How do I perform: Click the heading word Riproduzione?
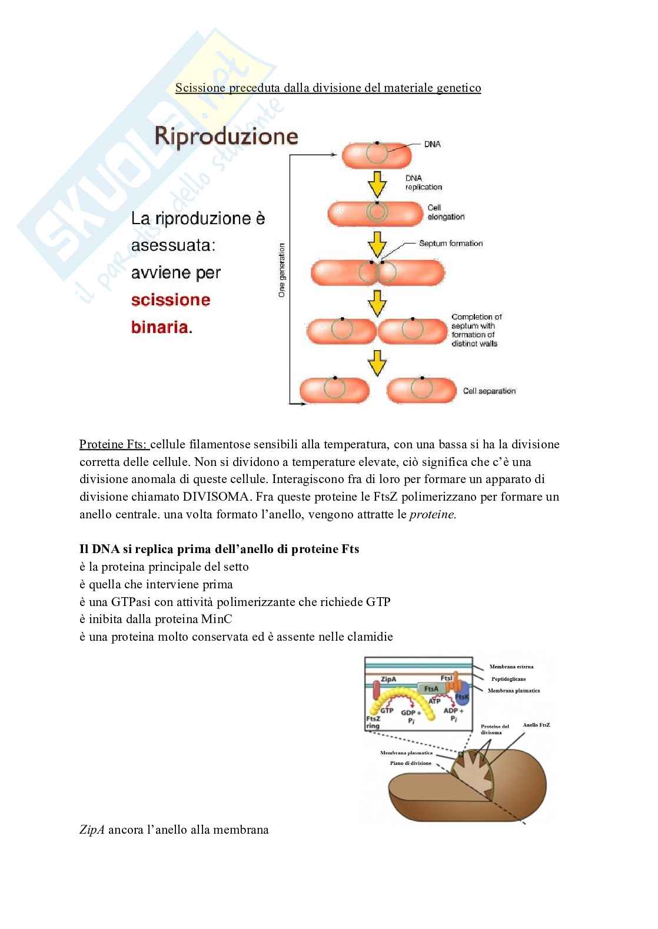pyautogui.click(x=226, y=136)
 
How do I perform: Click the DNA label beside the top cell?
pyautogui.click(x=432, y=144)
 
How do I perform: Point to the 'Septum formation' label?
pyautogui.click(x=451, y=243)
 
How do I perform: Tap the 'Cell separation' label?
pyautogui.click(x=489, y=391)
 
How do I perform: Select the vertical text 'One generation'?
pyautogui.click(x=282, y=270)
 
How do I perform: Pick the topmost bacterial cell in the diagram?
pyautogui.click(x=377, y=155)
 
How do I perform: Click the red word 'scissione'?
pyautogui.click(x=171, y=300)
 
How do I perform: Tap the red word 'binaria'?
pyautogui.click(x=161, y=327)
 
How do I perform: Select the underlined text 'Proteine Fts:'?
pyautogui.click(x=114, y=444)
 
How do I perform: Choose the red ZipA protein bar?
pyautogui.click(x=376, y=694)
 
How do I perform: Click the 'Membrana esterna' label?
pyautogui.click(x=511, y=667)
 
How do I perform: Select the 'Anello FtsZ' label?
pyautogui.click(x=536, y=725)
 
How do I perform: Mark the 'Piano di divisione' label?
pyautogui.click(x=411, y=763)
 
